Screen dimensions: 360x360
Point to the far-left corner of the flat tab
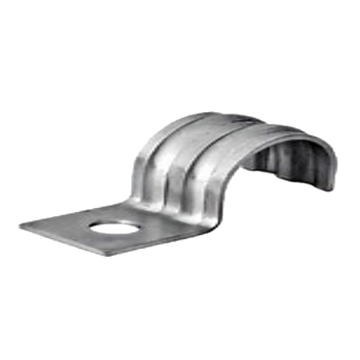(x=22, y=223)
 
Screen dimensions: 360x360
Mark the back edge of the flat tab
(x=80, y=210)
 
